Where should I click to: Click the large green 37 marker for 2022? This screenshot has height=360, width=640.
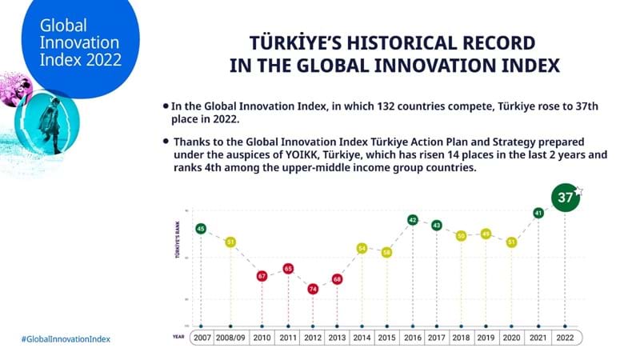click(x=566, y=198)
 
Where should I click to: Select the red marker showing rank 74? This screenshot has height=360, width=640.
click(x=313, y=289)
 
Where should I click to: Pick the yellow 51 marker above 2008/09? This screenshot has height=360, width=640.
click(x=230, y=242)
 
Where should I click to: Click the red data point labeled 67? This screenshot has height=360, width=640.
click(x=262, y=276)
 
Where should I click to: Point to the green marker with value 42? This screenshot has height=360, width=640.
click(x=413, y=220)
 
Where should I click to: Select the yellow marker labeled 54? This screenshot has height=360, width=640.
click(x=362, y=249)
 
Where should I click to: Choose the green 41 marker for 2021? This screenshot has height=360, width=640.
click(x=538, y=214)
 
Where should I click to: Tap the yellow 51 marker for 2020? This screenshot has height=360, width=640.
click(x=511, y=242)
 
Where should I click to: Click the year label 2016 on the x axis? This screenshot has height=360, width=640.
click(x=413, y=338)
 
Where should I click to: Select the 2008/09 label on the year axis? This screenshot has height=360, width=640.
click(x=231, y=338)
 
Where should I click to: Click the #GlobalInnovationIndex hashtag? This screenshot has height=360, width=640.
click(x=66, y=338)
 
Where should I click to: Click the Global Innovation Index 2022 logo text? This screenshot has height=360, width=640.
click(x=72, y=40)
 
